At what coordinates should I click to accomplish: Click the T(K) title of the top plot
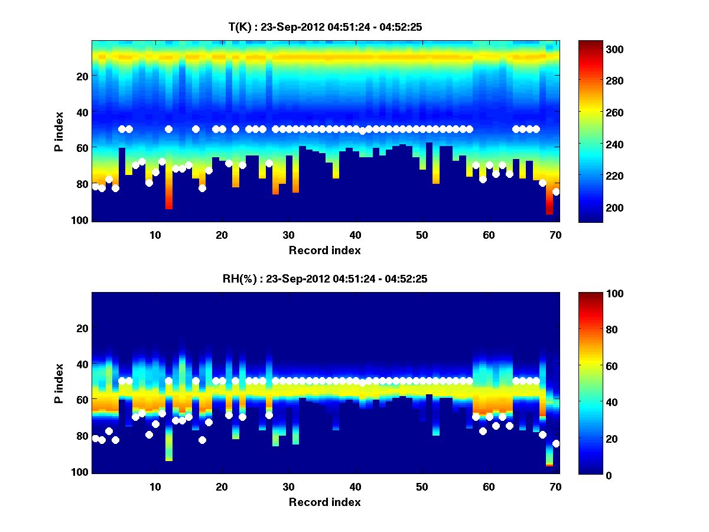tap(324, 27)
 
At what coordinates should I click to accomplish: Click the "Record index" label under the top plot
tap(324, 250)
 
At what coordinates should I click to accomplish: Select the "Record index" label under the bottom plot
tap(324, 502)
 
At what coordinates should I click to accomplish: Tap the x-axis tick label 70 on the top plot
tap(555, 235)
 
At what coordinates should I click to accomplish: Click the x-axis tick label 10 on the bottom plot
tap(155, 486)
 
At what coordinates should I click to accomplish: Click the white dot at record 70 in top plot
tap(556, 192)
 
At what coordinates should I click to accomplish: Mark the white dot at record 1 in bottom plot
tap(95, 438)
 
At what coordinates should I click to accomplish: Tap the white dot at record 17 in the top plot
tap(202, 188)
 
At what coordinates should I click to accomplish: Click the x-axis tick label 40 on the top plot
tap(355, 235)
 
